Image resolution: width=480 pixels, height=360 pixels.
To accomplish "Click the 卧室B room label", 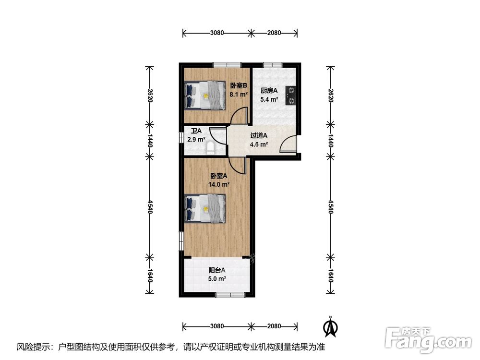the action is [239, 86].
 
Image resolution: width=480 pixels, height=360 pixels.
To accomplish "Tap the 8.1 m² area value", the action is [239, 95].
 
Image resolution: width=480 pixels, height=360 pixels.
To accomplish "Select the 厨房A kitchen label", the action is [269, 91].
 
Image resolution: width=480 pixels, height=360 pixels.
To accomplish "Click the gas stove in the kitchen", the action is [290, 96].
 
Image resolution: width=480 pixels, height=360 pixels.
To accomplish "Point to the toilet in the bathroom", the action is [211, 148].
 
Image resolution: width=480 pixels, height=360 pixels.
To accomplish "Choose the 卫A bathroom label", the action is [196, 131].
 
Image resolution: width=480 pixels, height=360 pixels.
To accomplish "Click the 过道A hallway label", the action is [259, 136].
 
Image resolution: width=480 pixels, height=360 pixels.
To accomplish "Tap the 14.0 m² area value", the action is [218, 185].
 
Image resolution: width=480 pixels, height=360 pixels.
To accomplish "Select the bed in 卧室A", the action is [205, 208].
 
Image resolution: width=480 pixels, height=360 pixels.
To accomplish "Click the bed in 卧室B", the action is [205, 95].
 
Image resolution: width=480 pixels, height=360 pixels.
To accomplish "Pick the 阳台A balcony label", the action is [217, 270].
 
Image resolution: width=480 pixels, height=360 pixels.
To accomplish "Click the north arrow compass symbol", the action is [331, 326].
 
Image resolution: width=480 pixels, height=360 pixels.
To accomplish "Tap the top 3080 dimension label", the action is [217, 33].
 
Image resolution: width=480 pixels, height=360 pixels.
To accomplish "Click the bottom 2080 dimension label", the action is [274, 326].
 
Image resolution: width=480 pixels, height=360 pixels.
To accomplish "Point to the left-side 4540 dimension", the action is [150, 206].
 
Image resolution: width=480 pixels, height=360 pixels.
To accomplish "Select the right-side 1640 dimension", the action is [331, 276].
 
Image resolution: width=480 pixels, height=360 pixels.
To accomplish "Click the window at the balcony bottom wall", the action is [230, 295].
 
